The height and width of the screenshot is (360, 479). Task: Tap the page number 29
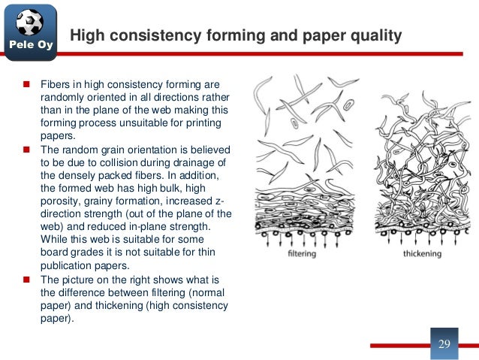[x=443, y=343]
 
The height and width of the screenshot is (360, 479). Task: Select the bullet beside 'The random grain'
[x=26, y=150]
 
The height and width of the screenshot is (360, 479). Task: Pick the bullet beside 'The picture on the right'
[x=26, y=280]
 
